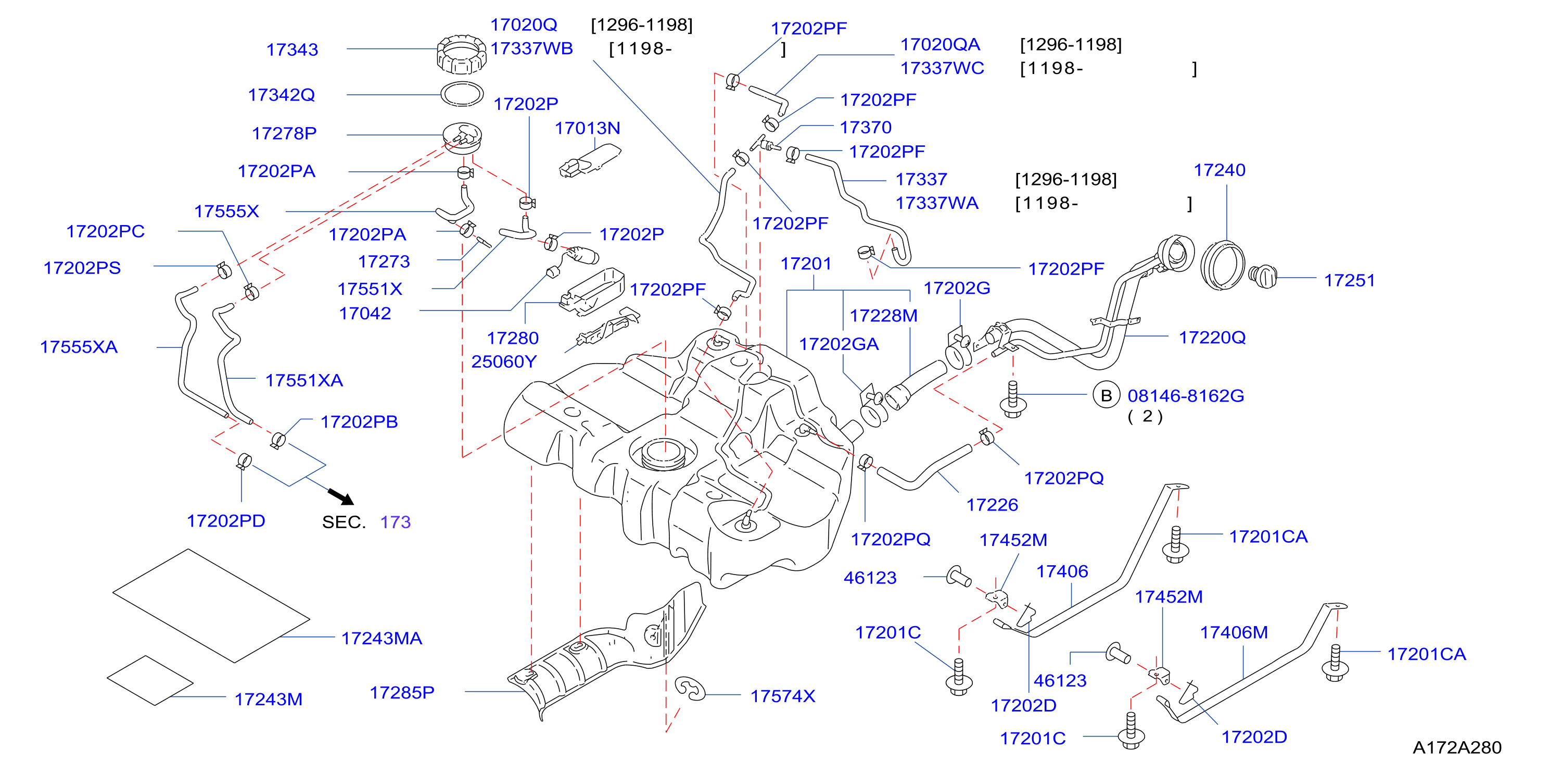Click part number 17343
pyautogui.click(x=293, y=50)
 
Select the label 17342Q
pyautogui.click(x=282, y=95)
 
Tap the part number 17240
pyautogui.click(x=1220, y=170)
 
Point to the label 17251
pyautogui.click(x=1349, y=281)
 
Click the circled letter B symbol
pyautogui.click(x=1106, y=395)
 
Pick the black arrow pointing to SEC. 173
pyautogui.click(x=341, y=496)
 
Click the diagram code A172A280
pyautogui.click(x=1457, y=747)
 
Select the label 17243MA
pyautogui.click(x=382, y=638)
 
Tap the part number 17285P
pyautogui.click(x=402, y=693)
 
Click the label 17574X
pyautogui.click(x=783, y=696)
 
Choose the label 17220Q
pyautogui.click(x=1212, y=338)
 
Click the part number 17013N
pyautogui.click(x=588, y=129)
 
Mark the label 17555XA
pyautogui.click(x=79, y=347)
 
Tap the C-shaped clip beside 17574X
pyautogui.click(x=690, y=689)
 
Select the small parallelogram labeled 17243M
pyautogui.click(x=150, y=681)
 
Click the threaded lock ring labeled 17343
pyautogui.click(x=462, y=54)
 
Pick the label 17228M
pyautogui.click(x=883, y=316)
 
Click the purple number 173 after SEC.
pyautogui.click(x=396, y=522)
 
